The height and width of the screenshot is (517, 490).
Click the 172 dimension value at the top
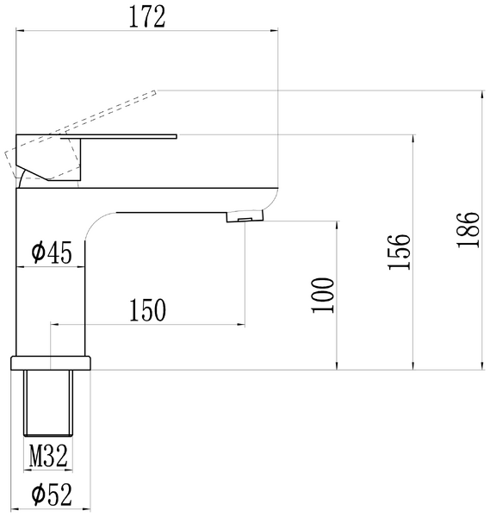coord(147,17)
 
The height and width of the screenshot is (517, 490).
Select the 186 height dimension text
coord(468,230)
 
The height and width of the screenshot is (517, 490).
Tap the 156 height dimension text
coord(400,252)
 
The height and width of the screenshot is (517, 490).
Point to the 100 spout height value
coord(323,295)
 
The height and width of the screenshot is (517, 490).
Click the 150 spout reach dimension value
coord(147,310)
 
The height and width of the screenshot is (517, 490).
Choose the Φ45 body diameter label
coord(52,252)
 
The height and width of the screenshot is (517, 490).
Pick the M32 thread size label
coord(48,456)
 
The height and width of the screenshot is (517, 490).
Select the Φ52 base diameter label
coord(52,495)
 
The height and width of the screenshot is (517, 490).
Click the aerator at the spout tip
coord(245,216)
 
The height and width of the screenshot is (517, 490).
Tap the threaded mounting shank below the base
coord(48,403)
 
